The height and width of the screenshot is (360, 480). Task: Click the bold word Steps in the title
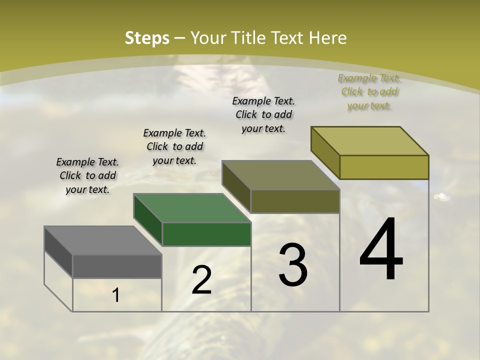tap(147, 38)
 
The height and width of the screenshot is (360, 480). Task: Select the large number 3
tap(293, 265)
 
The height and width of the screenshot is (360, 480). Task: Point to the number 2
tap(201, 280)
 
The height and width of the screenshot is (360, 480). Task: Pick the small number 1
tap(116, 295)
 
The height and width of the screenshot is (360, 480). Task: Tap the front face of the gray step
tap(117, 266)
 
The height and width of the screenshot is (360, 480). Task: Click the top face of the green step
tap(192, 208)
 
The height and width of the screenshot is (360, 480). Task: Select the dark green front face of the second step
tap(206, 234)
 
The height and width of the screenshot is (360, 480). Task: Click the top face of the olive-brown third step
tap(280, 175)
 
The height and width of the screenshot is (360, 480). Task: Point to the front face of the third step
tap(295, 201)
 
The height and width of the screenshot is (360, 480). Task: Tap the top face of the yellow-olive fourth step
tap(369, 141)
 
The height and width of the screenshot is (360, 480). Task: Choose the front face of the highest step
tap(384, 167)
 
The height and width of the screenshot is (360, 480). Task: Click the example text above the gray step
tap(87, 175)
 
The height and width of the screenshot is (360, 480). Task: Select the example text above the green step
tap(174, 146)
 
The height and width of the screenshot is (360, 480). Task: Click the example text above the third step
tap(263, 114)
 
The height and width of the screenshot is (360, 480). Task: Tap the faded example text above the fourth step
tap(369, 91)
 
